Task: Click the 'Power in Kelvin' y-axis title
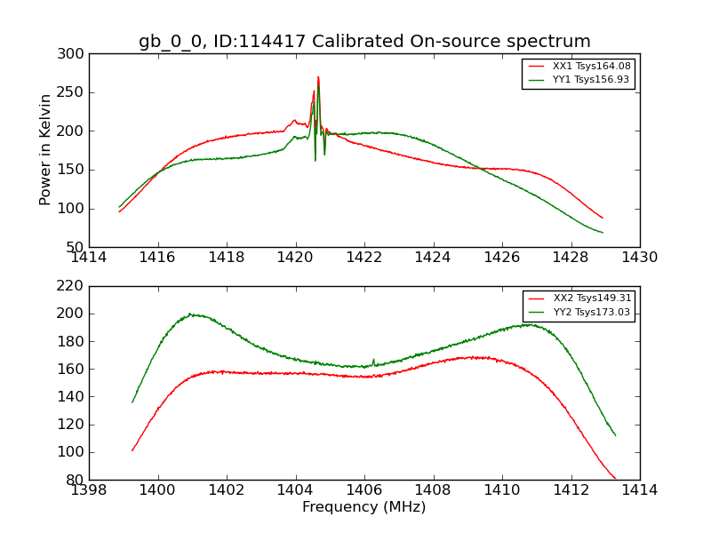pyautogui.click(x=45, y=150)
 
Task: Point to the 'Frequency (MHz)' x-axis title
pyautogui.click(x=364, y=507)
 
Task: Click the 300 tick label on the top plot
pyautogui.click(x=75, y=54)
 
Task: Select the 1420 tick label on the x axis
pyautogui.click(x=295, y=257)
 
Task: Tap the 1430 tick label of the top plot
pyautogui.click(x=639, y=257)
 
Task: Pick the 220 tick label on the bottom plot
pyautogui.click(x=75, y=286)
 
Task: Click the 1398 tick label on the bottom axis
pyautogui.click(x=90, y=489)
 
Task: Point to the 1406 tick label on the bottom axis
pyautogui.click(x=364, y=489)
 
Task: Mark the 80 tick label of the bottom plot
pyautogui.click(x=78, y=480)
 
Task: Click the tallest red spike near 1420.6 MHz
pyautogui.click(x=318, y=78)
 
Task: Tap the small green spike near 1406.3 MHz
pyautogui.click(x=373, y=360)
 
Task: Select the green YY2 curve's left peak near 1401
pyautogui.click(x=190, y=314)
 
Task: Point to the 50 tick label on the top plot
pyautogui.click(x=78, y=247)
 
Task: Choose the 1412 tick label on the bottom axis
pyautogui.click(x=571, y=489)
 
